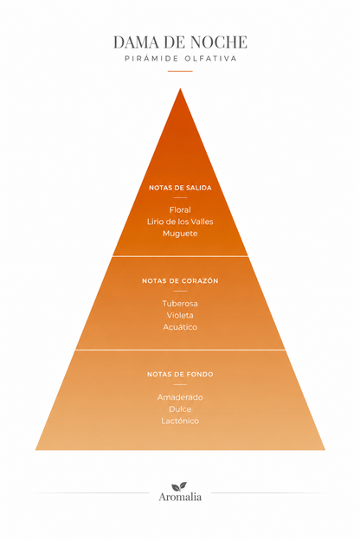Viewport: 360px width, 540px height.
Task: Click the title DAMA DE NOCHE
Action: [x=180, y=42]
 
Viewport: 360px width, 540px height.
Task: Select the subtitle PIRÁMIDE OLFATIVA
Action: [x=181, y=59]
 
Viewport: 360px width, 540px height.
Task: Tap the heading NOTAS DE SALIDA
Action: [x=180, y=188]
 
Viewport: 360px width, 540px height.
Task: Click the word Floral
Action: [x=180, y=209]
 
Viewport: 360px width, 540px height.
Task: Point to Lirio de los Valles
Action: [x=180, y=222]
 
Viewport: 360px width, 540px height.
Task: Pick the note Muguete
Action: [x=180, y=234]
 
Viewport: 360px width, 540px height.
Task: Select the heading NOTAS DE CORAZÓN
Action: [x=180, y=280]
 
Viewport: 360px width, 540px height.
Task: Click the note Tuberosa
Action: [x=180, y=304]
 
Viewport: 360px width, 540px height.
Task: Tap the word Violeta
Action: [x=180, y=315]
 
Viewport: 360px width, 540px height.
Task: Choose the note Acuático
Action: [x=180, y=327]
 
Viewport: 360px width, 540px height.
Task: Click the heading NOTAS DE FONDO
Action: [x=180, y=374]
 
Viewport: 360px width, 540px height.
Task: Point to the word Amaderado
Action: [x=180, y=397]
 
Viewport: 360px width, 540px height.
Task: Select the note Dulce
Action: [x=180, y=408]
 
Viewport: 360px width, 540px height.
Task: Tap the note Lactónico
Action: [x=180, y=421]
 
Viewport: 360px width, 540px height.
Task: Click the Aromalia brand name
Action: [x=180, y=497]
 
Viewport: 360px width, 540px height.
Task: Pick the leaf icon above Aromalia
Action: [x=179, y=486]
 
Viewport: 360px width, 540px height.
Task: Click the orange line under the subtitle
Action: [x=180, y=71]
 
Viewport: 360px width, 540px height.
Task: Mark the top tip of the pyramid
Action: [x=180, y=88]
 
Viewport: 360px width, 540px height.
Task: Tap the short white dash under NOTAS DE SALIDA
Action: [x=180, y=197]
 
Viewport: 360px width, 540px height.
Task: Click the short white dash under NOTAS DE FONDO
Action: [x=180, y=384]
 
